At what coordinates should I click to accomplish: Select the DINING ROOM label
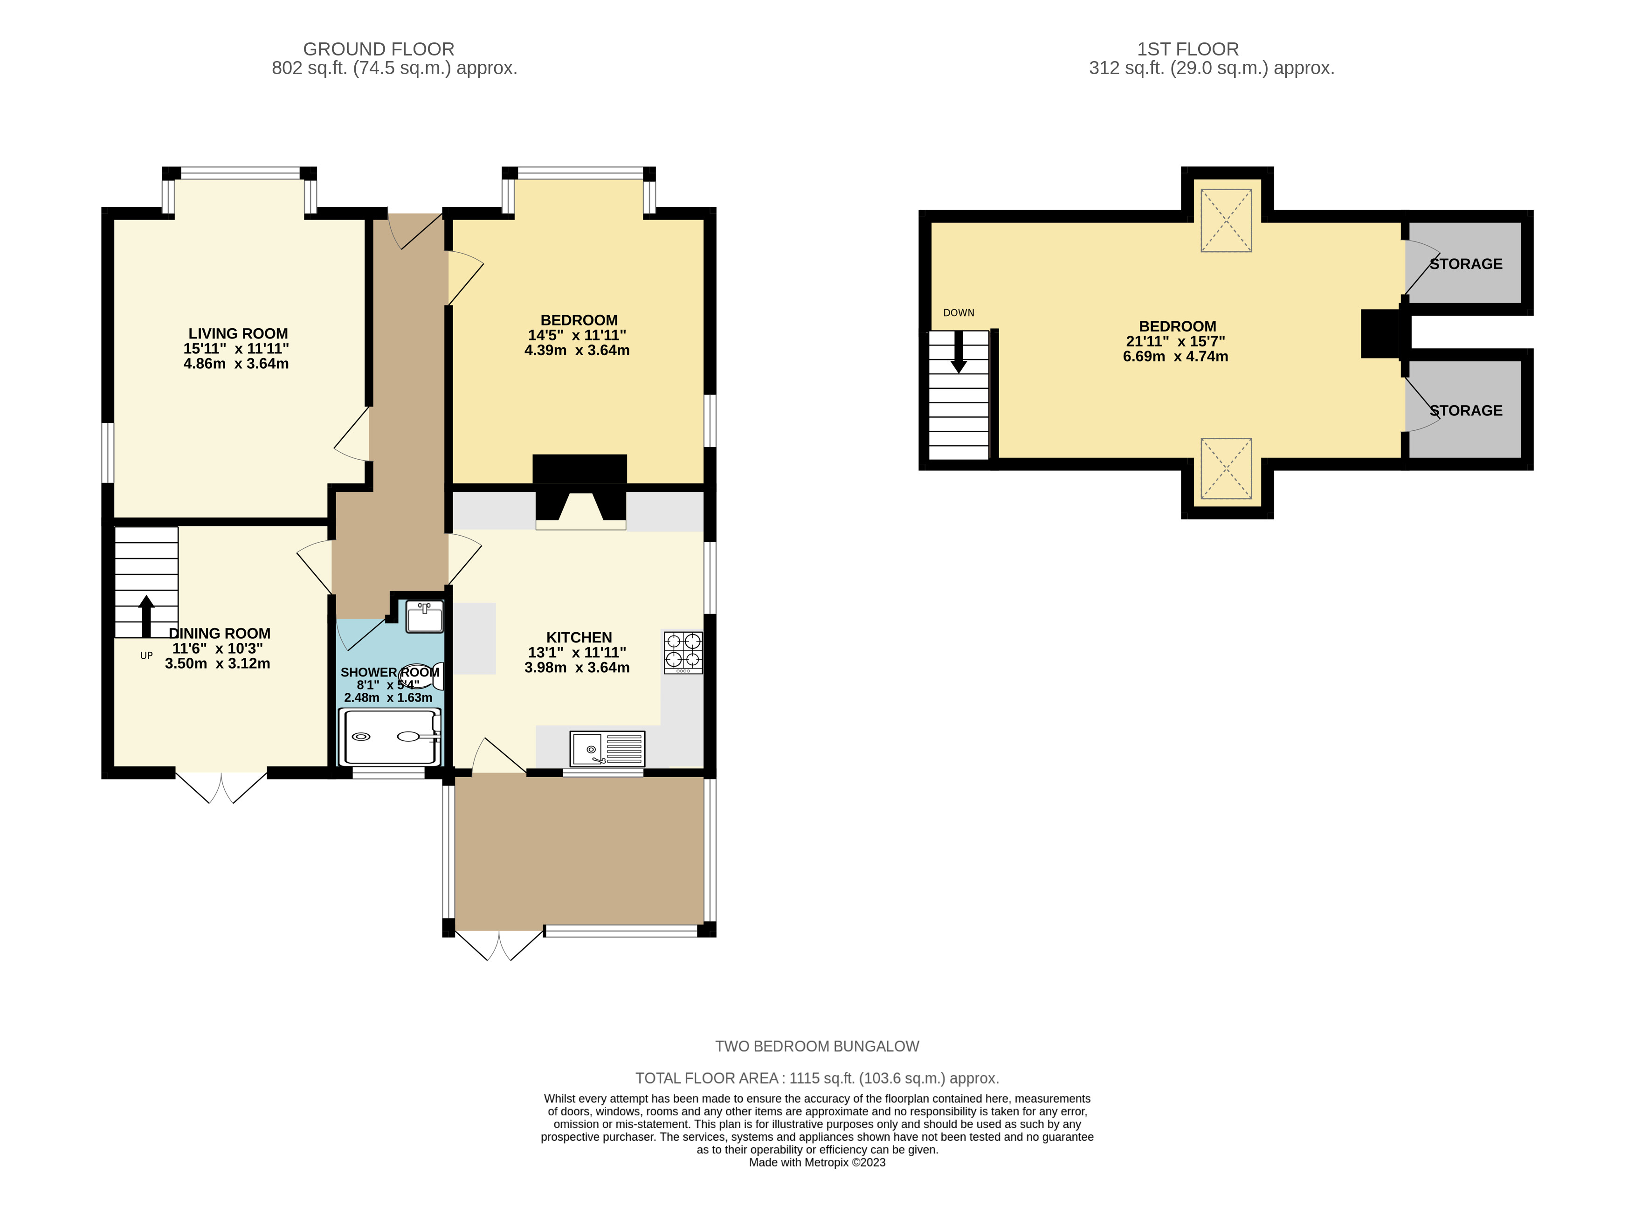pyautogui.click(x=220, y=634)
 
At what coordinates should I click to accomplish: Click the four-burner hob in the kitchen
pyautogui.click(x=683, y=652)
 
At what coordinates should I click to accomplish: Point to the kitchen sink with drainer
pyautogui.click(x=607, y=749)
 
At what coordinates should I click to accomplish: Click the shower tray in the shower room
pyautogui.click(x=390, y=737)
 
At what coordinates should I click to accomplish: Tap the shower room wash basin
pyautogui.click(x=425, y=617)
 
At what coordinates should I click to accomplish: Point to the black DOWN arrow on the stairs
pyautogui.click(x=959, y=352)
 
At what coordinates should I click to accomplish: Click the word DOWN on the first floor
pyautogui.click(x=959, y=313)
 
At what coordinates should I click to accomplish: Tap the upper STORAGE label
pyautogui.click(x=1466, y=264)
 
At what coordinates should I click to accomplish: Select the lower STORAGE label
pyautogui.click(x=1466, y=410)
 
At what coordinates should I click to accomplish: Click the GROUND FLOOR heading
pyautogui.click(x=379, y=49)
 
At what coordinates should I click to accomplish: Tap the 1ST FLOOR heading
pyautogui.click(x=1188, y=49)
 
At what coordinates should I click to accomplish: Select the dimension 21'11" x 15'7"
pyautogui.click(x=1175, y=342)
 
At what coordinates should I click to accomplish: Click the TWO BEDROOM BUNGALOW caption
pyautogui.click(x=817, y=1046)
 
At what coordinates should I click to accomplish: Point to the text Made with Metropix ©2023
pyautogui.click(x=817, y=1162)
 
